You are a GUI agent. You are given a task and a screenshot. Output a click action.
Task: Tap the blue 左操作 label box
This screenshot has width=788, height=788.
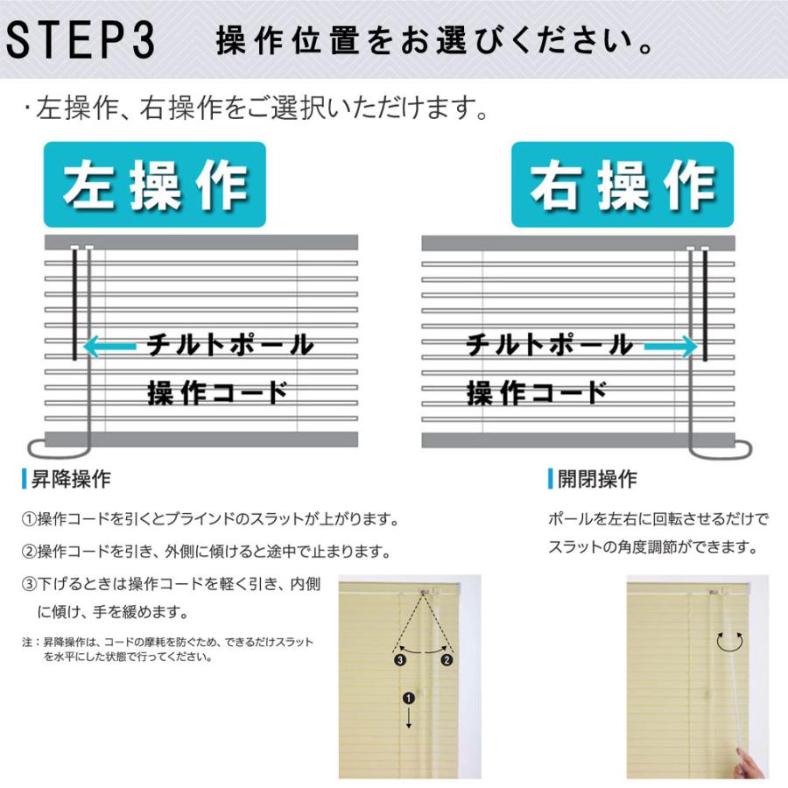156,185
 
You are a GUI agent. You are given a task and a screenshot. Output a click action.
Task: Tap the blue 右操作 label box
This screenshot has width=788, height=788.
623,185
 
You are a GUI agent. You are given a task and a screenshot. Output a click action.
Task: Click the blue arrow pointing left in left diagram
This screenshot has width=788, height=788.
109,348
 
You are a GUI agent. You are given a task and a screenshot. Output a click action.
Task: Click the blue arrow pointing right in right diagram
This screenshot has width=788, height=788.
670,348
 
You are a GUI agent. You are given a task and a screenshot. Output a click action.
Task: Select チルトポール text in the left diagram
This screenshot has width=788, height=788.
229,344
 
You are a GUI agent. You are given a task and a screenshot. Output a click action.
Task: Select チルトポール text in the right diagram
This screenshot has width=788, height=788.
549,344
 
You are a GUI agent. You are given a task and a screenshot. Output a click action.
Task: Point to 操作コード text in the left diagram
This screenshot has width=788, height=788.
217,392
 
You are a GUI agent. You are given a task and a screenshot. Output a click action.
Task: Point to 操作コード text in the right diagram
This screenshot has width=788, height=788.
537,392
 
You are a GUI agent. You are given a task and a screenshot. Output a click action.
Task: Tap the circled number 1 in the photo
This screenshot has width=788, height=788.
407,698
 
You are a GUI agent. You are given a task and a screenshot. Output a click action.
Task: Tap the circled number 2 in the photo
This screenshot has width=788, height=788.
447,660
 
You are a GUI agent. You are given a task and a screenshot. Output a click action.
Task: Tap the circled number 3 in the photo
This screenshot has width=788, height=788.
399,660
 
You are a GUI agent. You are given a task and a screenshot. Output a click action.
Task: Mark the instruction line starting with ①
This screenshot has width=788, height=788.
210,519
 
